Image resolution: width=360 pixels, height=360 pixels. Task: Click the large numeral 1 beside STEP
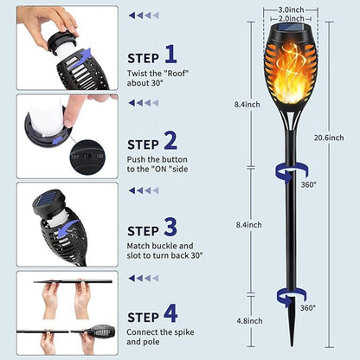(171, 54)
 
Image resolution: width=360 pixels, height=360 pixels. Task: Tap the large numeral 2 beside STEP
(170, 140)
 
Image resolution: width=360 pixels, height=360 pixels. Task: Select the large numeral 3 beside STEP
(170, 227)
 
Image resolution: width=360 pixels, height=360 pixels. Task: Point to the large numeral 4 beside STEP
(170, 313)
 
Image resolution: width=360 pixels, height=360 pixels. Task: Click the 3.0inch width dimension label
(291, 10)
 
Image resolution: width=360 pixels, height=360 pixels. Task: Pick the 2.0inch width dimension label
(291, 19)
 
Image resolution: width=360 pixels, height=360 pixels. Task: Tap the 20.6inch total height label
(329, 138)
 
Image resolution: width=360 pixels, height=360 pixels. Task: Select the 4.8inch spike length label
(249, 321)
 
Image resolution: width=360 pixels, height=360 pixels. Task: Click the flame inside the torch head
(289, 74)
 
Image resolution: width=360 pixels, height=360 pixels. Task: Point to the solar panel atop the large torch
(291, 29)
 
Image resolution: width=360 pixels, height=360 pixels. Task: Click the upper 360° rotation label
(308, 184)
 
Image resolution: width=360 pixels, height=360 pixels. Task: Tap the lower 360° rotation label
(308, 308)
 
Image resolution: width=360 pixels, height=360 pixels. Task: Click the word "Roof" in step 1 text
(177, 74)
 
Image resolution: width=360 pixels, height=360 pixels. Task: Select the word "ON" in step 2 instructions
(160, 169)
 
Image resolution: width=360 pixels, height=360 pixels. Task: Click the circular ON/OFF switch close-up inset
(88, 157)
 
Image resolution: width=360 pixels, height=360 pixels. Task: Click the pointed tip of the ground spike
(292, 345)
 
